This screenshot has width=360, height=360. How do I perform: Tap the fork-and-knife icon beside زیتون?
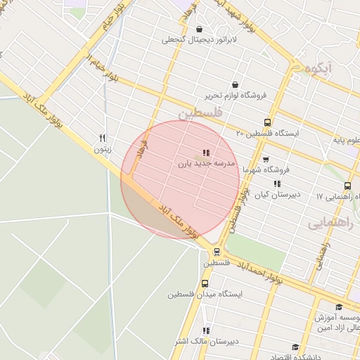pyautogui.click(x=103, y=138)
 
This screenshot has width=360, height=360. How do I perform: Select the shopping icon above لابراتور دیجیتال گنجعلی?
pyautogui.click(x=200, y=30)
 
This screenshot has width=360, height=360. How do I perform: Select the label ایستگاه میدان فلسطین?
pyautogui.click(x=205, y=295)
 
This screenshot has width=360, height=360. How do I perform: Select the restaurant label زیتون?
pyautogui.click(x=103, y=149)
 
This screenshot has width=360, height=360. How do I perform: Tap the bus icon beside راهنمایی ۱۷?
pyautogui.click(x=347, y=186)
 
